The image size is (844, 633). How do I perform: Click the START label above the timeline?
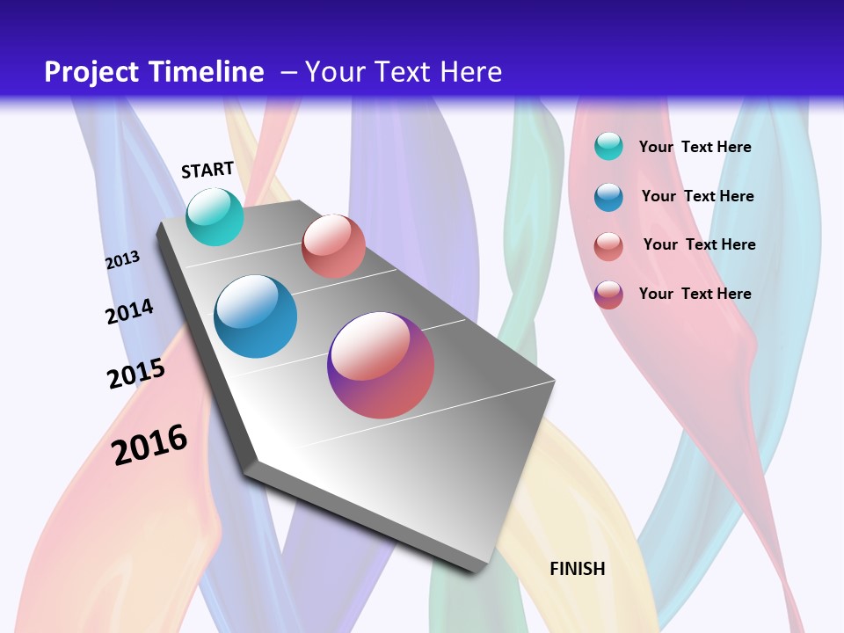click(x=207, y=170)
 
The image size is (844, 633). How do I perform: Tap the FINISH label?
click(x=578, y=569)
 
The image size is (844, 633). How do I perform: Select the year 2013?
click(x=122, y=260)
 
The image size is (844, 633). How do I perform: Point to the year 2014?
click(x=129, y=311)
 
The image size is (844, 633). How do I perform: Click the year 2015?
click(x=136, y=374)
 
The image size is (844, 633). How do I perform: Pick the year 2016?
click(x=149, y=445)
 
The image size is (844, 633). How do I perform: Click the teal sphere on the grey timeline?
click(x=215, y=216)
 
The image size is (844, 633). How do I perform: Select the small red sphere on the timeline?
click(x=333, y=246)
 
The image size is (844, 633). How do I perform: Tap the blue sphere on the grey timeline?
click(x=256, y=316)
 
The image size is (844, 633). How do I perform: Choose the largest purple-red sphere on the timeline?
click(x=381, y=365)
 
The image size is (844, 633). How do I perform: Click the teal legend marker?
click(x=608, y=147)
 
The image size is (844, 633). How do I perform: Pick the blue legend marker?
click(x=608, y=197)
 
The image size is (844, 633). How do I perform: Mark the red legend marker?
click(x=608, y=245)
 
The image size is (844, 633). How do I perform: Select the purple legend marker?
click(x=608, y=295)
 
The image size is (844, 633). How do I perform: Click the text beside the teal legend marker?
click(x=695, y=147)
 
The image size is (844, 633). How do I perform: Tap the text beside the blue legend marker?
click(x=697, y=196)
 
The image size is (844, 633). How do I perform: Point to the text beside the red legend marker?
click(x=699, y=244)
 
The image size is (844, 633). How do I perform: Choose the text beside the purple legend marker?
click(x=695, y=294)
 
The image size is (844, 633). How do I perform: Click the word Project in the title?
click(x=94, y=72)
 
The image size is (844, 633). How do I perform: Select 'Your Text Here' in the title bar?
click(x=404, y=72)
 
